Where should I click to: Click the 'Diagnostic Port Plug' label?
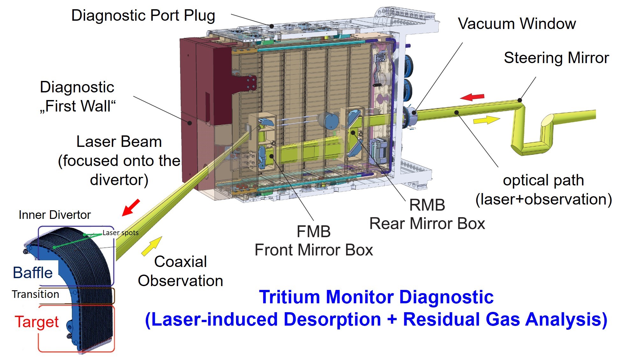point(143,15)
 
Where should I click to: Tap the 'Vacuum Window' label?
point(517,24)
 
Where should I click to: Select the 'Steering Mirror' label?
point(556,58)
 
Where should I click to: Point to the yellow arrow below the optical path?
point(486,120)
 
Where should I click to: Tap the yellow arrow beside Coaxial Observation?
point(152,246)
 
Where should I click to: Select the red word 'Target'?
point(37,322)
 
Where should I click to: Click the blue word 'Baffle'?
point(32,273)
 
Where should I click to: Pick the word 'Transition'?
point(35,294)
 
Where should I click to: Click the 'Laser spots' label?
point(120,233)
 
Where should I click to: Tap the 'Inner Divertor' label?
point(54,215)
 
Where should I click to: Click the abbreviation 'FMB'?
point(313,232)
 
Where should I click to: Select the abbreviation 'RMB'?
point(427,205)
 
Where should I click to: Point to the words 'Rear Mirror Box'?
point(427,223)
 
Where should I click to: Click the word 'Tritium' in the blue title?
point(289,297)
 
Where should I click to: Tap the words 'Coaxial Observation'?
point(180,271)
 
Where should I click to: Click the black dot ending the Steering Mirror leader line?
point(520,100)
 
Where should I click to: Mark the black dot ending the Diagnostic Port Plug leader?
point(271,26)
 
